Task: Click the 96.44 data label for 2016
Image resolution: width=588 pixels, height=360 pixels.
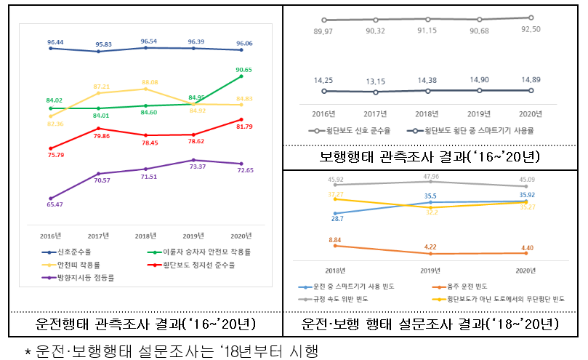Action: (49, 41)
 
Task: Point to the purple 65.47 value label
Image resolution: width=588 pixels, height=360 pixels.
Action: (50, 205)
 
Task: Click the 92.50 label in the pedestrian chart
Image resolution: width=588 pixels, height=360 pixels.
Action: (531, 28)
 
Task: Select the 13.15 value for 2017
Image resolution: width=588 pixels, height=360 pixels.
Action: (375, 81)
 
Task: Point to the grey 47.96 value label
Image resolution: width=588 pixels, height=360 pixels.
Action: (430, 176)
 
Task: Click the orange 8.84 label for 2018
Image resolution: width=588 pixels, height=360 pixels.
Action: (335, 239)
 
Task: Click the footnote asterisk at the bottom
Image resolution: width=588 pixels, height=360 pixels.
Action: (27, 352)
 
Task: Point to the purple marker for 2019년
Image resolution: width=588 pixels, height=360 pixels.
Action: (193, 160)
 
